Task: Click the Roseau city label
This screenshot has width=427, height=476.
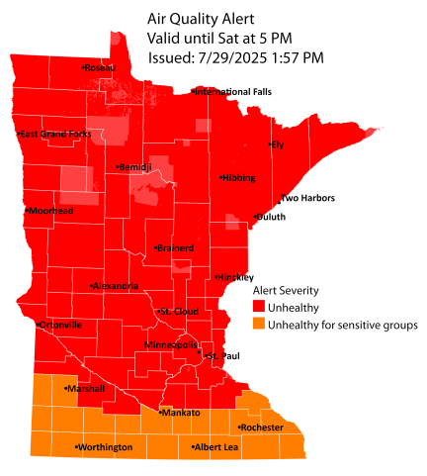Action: (101, 67)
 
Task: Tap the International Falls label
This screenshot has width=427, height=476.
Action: (232, 92)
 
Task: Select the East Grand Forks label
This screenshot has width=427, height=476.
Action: (55, 133)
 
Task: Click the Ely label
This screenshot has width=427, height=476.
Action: (278, 145)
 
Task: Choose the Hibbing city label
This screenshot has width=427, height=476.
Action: (239, 178)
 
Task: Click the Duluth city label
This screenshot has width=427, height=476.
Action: (271, 217)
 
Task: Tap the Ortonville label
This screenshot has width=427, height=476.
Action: (60, 325)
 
